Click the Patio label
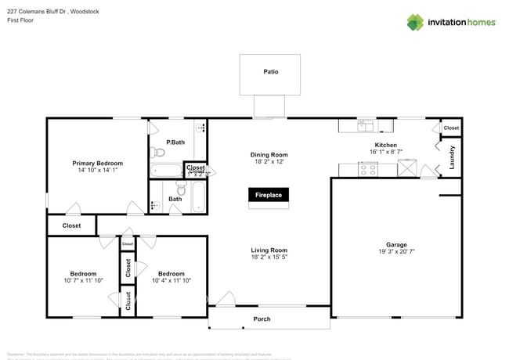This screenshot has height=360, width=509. [269, 72]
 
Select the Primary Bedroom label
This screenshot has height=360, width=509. [98, 163]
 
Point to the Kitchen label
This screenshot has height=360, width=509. [385, 146]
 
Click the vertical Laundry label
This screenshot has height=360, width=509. [452, 159]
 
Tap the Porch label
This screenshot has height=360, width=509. [262, 319]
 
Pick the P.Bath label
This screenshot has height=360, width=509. [175, 142]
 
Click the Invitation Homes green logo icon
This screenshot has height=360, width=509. [414, 23]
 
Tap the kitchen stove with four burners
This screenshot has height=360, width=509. [367, 168]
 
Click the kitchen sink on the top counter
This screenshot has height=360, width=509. [365, 124]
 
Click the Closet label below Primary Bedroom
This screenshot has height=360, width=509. [71, 225]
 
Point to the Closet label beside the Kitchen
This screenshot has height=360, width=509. [451, 128]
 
